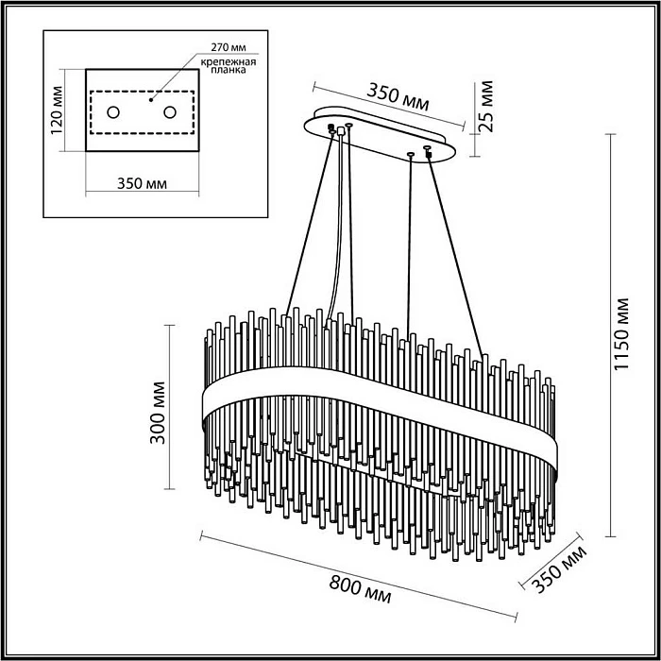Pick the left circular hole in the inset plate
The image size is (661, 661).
point(113,113)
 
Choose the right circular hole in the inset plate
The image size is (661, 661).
point(171,113)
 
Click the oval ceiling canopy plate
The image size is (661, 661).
point(382,136)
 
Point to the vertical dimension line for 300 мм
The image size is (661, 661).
point(170,406)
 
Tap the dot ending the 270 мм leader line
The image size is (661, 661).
point(149,97)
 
